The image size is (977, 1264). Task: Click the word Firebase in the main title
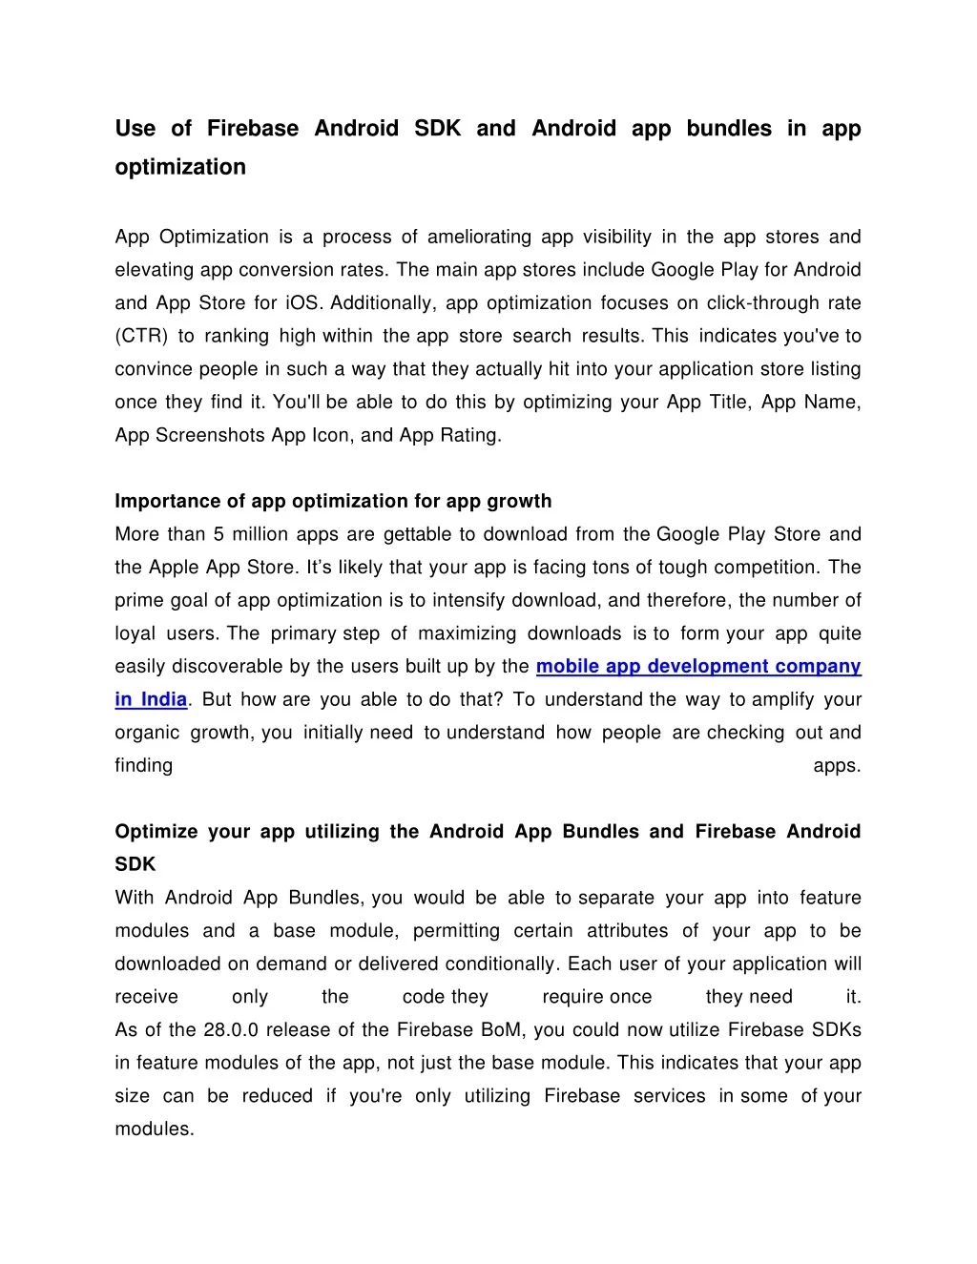253,129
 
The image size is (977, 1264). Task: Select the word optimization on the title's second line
180,167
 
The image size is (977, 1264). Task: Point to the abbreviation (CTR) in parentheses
142,336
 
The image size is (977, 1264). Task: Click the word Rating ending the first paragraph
468,435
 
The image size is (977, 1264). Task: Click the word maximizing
468,633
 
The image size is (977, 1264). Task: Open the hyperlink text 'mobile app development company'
698,667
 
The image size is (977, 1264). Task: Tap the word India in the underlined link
164,700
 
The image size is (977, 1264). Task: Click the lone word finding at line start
144,766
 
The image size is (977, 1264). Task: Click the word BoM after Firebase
503,1030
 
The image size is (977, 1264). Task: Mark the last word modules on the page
154,1129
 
